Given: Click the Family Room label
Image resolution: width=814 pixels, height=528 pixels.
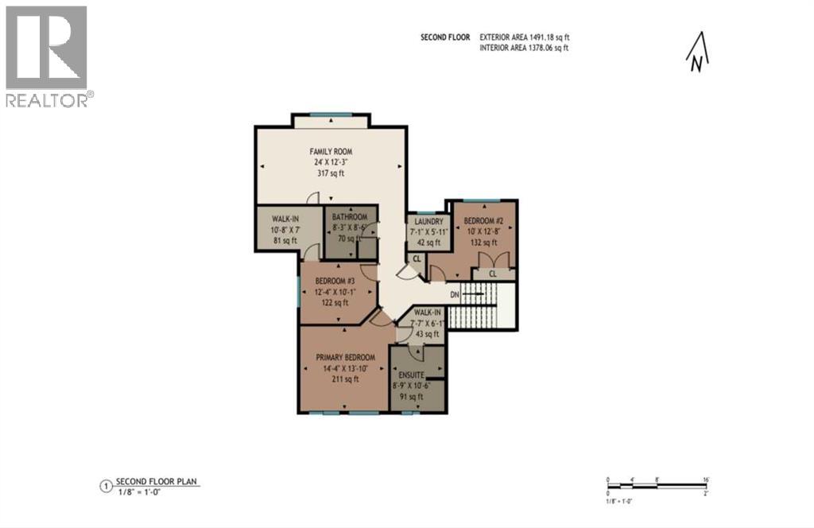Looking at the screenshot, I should pyautogui.click(x=331, y=151).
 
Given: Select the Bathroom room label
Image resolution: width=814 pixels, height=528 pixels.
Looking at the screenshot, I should pyautogui.click(x=350, y=217).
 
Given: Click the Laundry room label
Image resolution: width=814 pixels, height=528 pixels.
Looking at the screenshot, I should pyautogui.click(x=428, y=222).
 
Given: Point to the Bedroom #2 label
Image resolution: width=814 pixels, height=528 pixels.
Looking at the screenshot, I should pyautogui.click(x=481, y=220).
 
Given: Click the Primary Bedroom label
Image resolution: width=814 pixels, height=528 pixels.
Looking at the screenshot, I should pyautogui.click(x=346, y=358).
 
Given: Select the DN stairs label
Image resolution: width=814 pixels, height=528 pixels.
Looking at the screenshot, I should pyautogui.click(x=455, y=294).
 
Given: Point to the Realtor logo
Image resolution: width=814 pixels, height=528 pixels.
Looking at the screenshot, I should pyautogui.click(x=47, y=56).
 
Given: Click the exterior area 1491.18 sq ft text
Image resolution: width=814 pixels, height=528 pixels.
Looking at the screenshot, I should pyautogui.click(x=525, y=37).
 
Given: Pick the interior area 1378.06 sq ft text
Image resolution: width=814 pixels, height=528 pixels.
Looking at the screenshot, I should pyautogui.click(x=525, y=49).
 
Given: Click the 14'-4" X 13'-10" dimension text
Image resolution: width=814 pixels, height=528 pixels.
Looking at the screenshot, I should pyautogui.click(x=346, y=369).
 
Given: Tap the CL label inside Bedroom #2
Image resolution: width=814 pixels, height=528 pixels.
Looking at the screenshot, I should pyautogui.click(x=492, y=273).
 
